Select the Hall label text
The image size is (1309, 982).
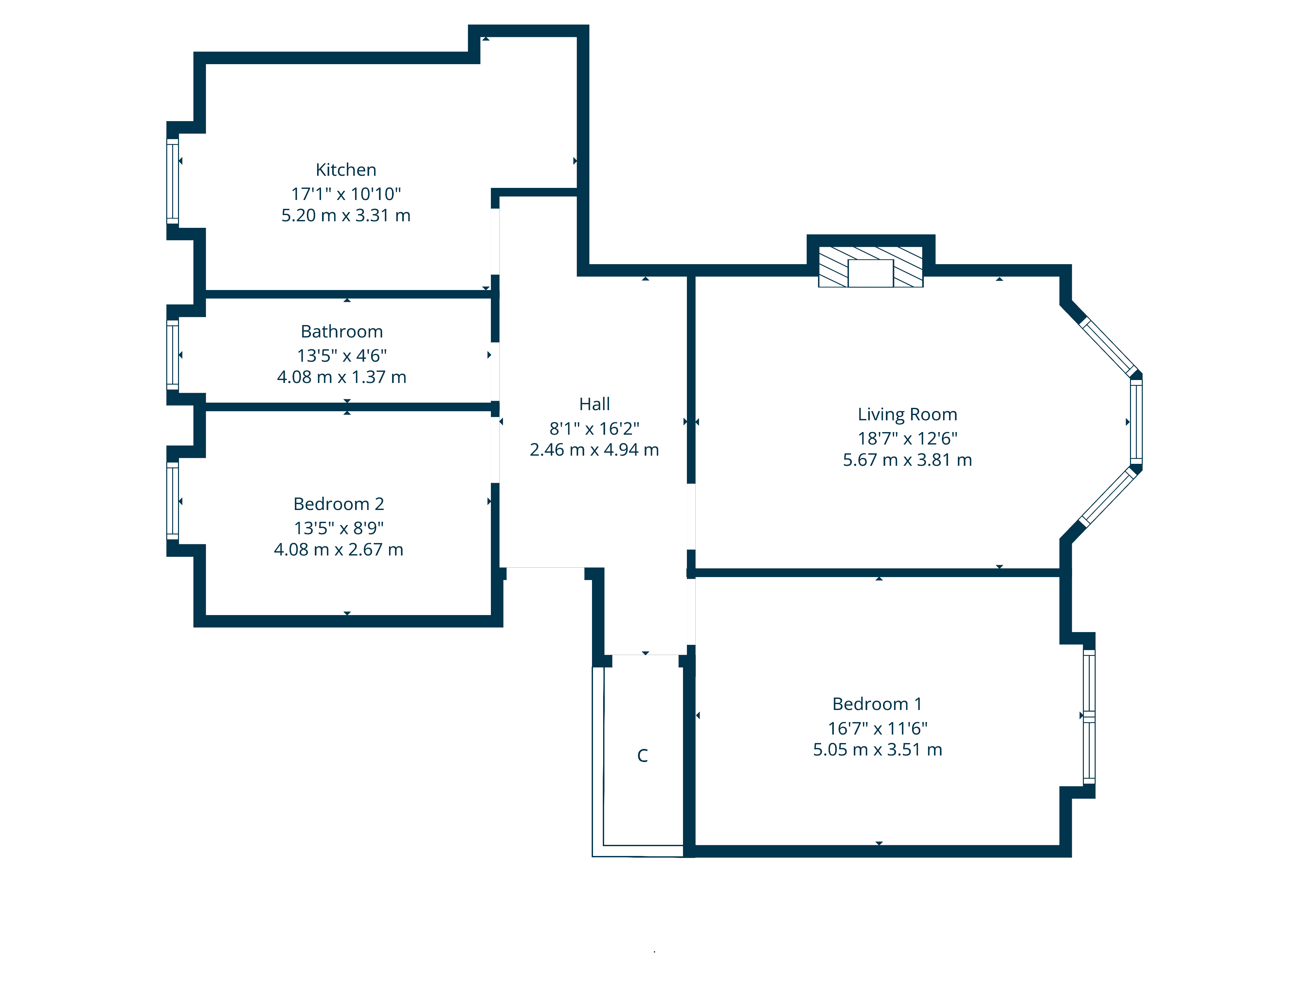point(594,404)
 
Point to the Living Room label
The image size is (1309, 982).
point(907,414)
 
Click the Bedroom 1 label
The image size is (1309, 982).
point(877,704)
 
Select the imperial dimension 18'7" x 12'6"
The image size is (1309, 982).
point(907,439)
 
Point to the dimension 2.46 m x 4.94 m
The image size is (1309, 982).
point(594,450)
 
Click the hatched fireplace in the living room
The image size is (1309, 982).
point(870,267)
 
